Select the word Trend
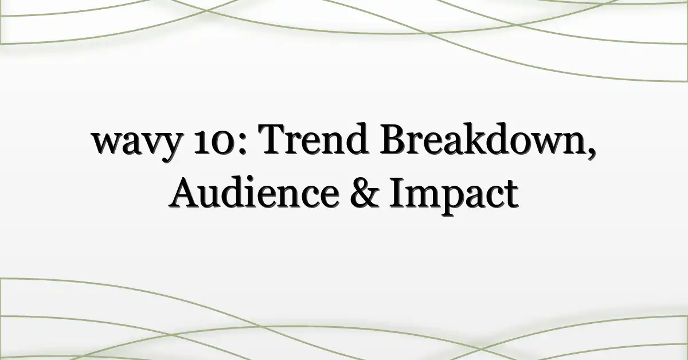313,138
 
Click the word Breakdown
483,138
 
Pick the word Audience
253,191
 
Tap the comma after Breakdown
591,151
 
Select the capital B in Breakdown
394,139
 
